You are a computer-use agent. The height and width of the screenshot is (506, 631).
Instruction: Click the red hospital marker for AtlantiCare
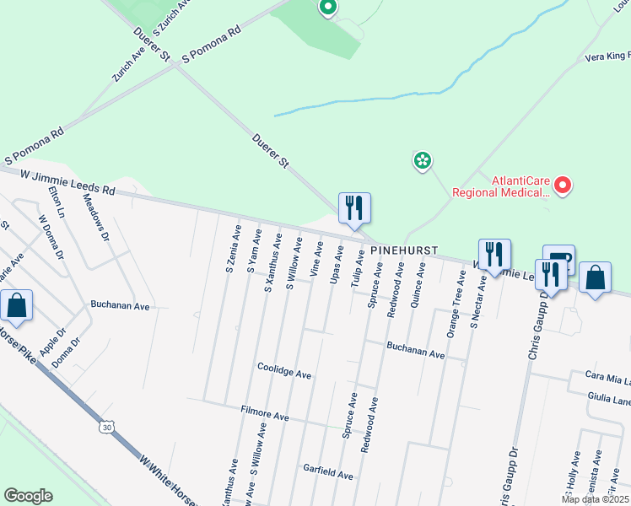point(563,185)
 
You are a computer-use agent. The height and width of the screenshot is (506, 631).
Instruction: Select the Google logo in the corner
point(28,496)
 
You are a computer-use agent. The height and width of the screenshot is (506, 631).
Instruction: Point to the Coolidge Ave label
point(284,374)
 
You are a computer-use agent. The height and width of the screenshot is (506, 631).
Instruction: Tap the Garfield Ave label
point(327,475)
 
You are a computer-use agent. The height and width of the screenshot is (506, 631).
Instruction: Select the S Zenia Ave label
point(232,249)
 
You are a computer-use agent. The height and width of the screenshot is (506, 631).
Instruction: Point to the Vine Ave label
point(316,260)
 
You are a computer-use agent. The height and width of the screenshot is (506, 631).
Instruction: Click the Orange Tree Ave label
point(456,305)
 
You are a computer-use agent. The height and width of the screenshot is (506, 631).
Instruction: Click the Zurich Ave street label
point(129,63)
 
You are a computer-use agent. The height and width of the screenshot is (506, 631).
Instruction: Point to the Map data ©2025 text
point(594,499)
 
